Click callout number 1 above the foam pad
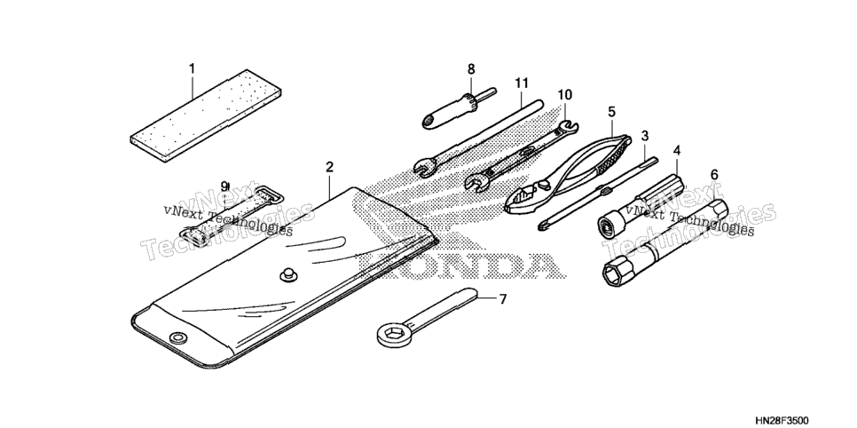pos(192,68)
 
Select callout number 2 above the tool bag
pos(329,167)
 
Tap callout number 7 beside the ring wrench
pos(503,299)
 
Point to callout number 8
pos(471,69)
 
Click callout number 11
pos(522,83)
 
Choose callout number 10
pos(564,95)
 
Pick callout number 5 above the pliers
pos(611,112)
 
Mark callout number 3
pos(645,135)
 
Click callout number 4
pos(677,149)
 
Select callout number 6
pos(714,175)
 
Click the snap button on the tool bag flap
pos(287,275)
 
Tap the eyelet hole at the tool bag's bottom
pos(177,337)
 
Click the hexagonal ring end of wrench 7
pos(392,334)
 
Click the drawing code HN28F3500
pos(782,420)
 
